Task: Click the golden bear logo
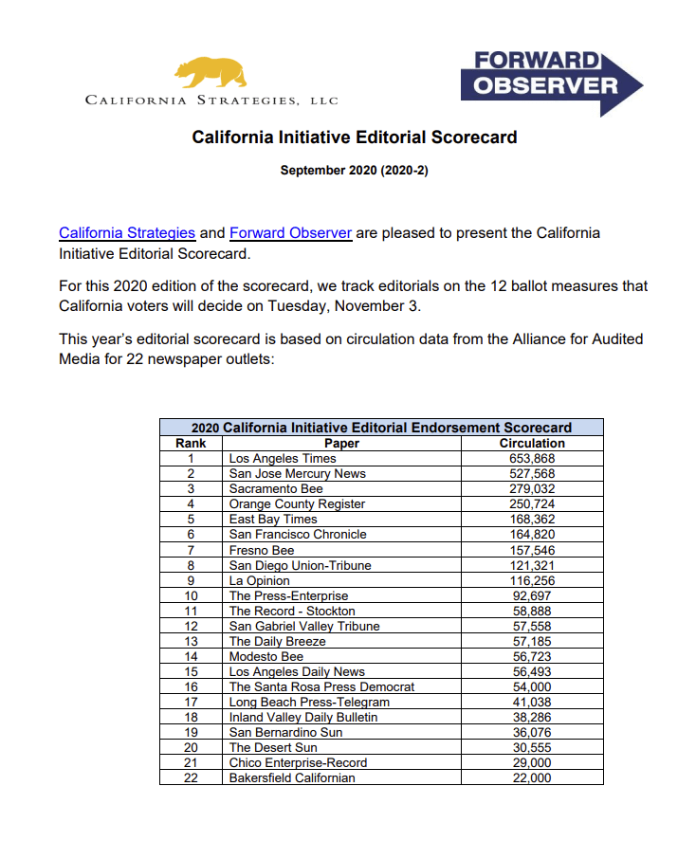210,72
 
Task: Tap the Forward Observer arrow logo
550,82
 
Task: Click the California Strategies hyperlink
127,233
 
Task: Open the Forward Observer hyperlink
290,233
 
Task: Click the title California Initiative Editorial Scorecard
355,137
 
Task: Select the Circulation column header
532,443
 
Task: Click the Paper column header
341,443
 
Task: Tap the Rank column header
191,443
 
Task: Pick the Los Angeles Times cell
283,458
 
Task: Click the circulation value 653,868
532,458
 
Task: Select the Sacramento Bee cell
276,488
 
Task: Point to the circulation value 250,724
532,503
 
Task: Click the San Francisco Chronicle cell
298,534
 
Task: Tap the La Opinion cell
260,580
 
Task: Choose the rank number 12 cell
191,626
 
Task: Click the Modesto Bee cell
266,656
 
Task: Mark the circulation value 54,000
532,686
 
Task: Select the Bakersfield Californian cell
292,777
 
